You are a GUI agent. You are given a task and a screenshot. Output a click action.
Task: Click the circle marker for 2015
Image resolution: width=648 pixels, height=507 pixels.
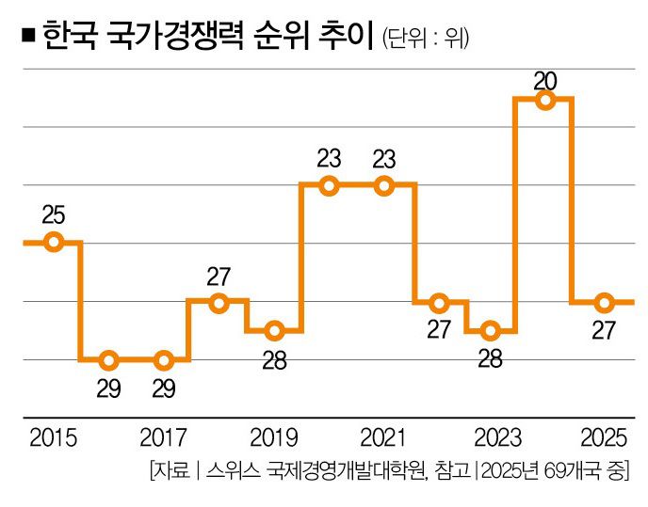pos(54,243)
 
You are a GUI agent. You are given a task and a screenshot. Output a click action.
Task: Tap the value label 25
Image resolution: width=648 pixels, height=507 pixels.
pos(54,215)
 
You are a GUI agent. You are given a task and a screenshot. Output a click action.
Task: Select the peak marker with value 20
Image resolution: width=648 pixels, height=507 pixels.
pos(544,101)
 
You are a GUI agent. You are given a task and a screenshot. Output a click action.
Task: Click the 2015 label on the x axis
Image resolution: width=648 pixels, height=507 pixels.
pos(54,438)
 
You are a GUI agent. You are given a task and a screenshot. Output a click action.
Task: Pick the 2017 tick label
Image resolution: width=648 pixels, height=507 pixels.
pos(164,438)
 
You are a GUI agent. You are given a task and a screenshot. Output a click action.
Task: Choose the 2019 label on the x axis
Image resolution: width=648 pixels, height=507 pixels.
pos(274,438)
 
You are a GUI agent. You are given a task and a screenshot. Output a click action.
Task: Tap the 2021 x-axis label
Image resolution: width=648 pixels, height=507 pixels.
pos(383,438)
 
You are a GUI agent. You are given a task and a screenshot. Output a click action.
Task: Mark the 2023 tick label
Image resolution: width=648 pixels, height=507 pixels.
pos(493,438)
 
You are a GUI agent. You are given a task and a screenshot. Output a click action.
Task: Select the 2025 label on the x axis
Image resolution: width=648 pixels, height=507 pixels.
pos(604,438)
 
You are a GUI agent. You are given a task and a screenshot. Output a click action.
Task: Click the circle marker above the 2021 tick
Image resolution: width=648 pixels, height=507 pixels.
pos(383,186)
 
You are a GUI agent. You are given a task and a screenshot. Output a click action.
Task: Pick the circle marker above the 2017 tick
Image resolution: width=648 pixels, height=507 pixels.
pos(164,359)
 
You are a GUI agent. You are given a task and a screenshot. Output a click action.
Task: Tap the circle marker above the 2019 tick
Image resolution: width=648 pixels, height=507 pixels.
pos(274,330)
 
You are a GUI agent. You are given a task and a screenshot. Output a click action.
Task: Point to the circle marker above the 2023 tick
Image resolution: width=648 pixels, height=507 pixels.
pos(490,330)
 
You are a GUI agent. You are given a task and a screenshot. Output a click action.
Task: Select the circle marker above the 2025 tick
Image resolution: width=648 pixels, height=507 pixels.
pos(604,302)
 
